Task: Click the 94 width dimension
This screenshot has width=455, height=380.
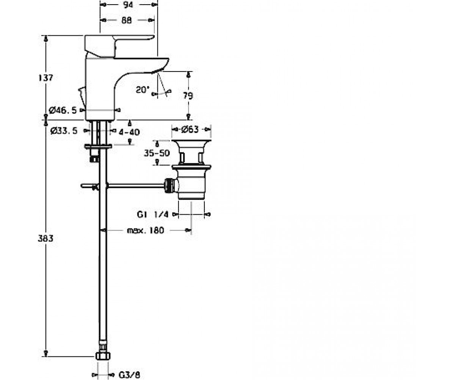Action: [128, 5]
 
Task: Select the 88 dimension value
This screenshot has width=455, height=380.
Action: [127, 20]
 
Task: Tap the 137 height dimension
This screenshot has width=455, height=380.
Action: [45, 78]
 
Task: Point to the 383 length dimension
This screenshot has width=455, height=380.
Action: [45, 239]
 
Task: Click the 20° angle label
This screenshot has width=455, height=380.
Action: [143, 90]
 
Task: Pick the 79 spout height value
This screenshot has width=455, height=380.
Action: [188, 96]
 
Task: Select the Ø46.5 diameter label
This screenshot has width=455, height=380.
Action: [63, 110]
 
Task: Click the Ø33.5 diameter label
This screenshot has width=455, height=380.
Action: [64, 131]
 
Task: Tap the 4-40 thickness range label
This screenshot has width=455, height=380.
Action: [129, 132]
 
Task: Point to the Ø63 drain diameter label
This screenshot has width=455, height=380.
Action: [190, 130]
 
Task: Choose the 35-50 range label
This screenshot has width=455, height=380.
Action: [157, 153]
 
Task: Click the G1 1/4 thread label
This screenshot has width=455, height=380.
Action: [153, 214]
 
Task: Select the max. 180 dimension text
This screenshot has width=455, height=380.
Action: [145, 230]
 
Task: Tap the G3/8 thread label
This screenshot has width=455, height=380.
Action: [129, 375]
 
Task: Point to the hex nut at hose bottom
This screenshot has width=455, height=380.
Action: [103, 356]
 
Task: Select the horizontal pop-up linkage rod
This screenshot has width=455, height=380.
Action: [135, 186]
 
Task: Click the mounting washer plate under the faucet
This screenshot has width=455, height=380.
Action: [98, 146]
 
